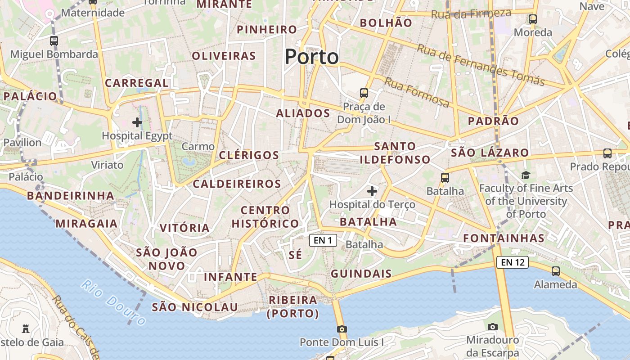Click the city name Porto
pyautogui.click(x=311, y=57)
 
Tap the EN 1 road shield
pyautogui.click(x=323, y=240)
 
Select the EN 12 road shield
pyautogui.click(x=512, y=262)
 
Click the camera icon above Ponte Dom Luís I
pyautogui.click(x=342, y=329)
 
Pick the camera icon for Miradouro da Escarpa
pyautogui.click(x=493, y=327)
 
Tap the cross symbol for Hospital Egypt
pyautogui.click(x=137, y=122)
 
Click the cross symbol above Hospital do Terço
pyautogui.click(x=372, y=191)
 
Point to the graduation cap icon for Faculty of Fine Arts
pyautogui.click(x=526, y=175)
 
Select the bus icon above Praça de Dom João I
pyautogui.click(x=364, y=93)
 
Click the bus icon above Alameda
pyautogui.click(x=556, y=271)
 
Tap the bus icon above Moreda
pyautogui.click(x=533, y=19)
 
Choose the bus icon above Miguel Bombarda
pyautogui.click(x=54, y=41)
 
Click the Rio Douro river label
pyautogui.click(x=113, y=302)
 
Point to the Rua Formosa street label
pyautogui.click(x=416, y=92)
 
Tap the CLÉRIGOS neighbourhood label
pyautogui.click(x=249, y=155)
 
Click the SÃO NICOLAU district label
pyautogui.click(x=194, y=307)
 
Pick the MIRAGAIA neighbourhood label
pyautogui.click(x=86, y=224)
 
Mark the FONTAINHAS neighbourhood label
pyautogui.click(x=504, y=238)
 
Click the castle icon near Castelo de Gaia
pyautogui.click(x=26, y=329)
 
